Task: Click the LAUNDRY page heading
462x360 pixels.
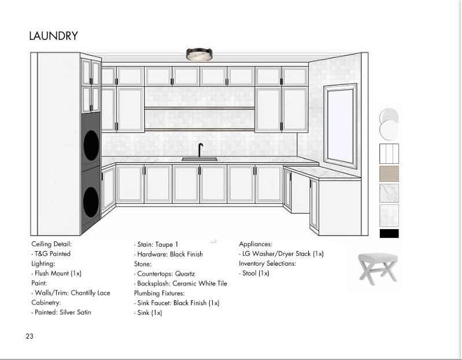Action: pyautogui.click(x=53, y=36)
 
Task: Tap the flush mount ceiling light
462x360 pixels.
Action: pyautogui.click(x=199, y=54)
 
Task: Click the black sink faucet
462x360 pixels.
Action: pyautogui.click(x=200, y=150)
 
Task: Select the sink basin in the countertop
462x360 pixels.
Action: pyautogui.click(x=199, y=159)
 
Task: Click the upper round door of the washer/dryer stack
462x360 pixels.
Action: pyautogui.click(x=91, y=145)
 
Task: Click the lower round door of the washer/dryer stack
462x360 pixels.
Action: pyautogui.click(x=91, y=201)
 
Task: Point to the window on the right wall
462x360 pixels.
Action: pyautogui.click(x=340, y=124)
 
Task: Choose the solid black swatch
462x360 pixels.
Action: pyautogui.click(x=389, y=233)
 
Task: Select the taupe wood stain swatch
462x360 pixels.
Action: pyautogui.click(x=389, y=173)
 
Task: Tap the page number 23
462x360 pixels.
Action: pyautogui.click(x=29, y=336)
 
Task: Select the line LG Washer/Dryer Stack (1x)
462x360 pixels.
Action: pyautogui.click(x=282, y=254)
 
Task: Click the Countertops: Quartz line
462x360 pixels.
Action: pyautogui.click(x=165, y=274)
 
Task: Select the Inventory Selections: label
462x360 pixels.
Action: pyautogui.click(x=267, y=263)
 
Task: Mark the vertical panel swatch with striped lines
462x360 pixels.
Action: pyautogui.click(x=389, y=153)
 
